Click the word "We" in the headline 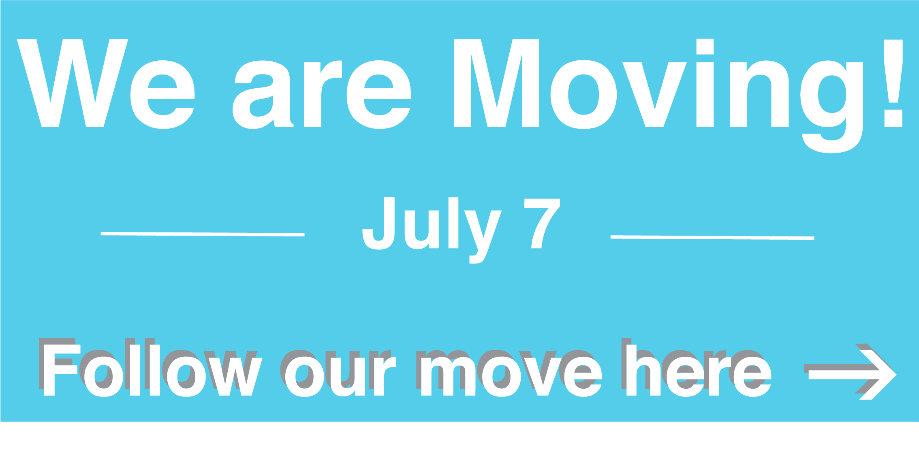[106, 84]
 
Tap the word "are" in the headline [322, 94]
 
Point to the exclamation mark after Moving [893, 83]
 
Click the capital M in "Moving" [496, 83]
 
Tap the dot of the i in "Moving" [705, 47]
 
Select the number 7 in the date [542, 223]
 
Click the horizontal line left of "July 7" [203, 234]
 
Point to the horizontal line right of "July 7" [712, 238]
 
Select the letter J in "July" [378, 223]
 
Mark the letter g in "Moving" [832, 107]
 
